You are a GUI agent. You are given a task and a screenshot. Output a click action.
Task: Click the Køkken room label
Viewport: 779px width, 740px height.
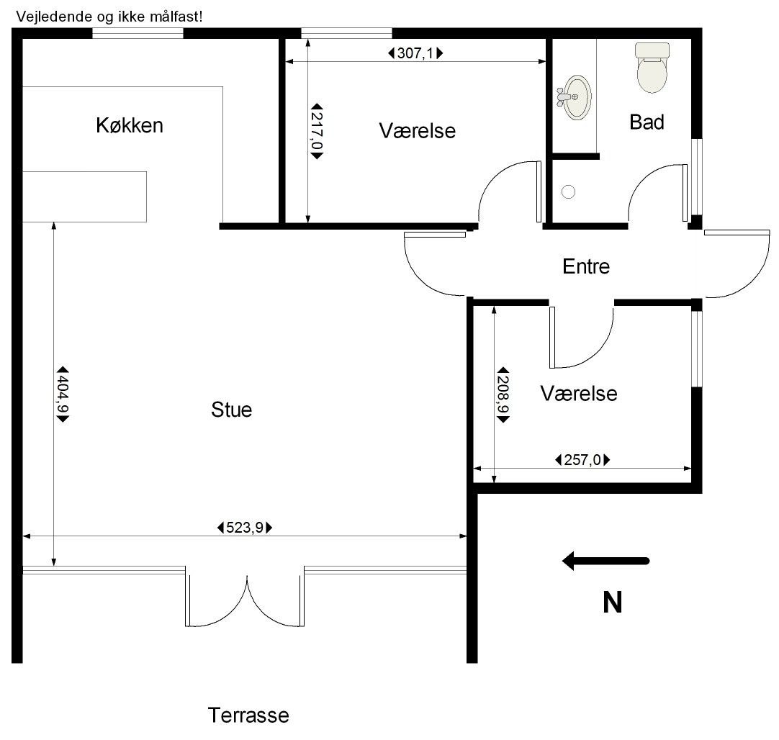[129, 125]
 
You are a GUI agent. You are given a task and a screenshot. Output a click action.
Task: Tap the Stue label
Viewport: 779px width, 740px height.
[232, 410]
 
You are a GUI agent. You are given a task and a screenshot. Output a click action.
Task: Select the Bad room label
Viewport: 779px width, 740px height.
[647, 122]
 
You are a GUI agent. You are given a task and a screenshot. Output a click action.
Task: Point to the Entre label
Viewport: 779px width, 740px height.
[586, 266]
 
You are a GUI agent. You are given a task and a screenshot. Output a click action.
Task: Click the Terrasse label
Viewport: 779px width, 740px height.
[248, 716]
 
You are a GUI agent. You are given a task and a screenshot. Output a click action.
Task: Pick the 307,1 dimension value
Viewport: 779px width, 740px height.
[415, 53]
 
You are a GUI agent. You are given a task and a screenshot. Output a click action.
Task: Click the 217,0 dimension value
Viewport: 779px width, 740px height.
[317, 132]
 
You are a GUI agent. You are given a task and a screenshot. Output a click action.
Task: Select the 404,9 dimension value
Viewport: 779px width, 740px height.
[63, 394]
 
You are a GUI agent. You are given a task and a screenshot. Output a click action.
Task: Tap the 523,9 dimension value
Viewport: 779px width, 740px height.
[245, 528]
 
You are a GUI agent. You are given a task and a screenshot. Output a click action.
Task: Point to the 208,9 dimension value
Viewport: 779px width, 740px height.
[503, 394]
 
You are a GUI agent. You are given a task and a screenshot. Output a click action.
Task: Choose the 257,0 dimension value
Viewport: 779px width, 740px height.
[582, 460]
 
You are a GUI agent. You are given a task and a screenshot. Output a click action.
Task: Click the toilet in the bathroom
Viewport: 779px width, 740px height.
[652, 68]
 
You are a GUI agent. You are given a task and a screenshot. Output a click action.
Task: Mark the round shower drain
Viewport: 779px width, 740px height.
[568, 191]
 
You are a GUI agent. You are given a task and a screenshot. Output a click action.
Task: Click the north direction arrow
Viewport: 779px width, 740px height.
[605, 561]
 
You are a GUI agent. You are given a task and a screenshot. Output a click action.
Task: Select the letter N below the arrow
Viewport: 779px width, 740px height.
[612, 603]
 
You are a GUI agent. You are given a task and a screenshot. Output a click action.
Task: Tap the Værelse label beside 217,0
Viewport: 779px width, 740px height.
[418, 131]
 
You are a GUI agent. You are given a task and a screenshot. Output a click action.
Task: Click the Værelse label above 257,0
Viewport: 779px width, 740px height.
[579, 394]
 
